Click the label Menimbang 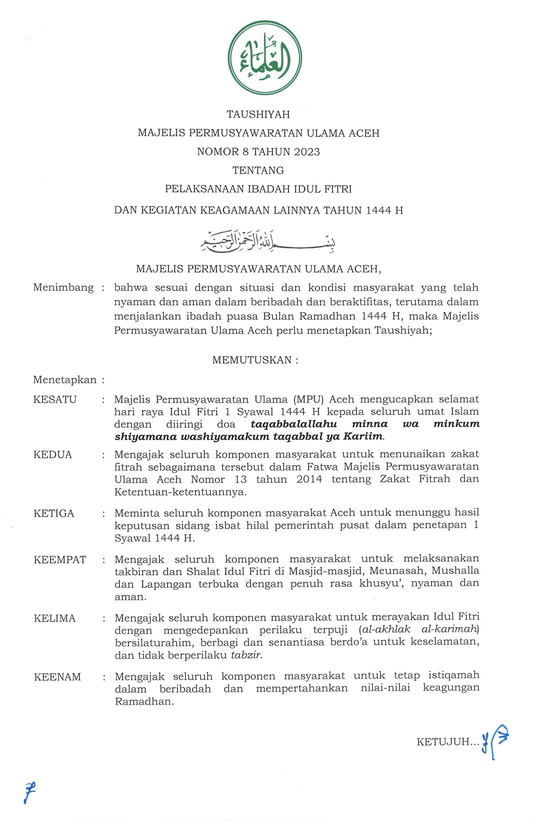point(63,288)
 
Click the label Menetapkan point(65,380)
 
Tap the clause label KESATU point(55,400)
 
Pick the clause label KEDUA point(53,454)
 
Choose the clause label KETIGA point(54,513)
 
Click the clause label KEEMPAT point(60,560)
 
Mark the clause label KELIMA point(55,619)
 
